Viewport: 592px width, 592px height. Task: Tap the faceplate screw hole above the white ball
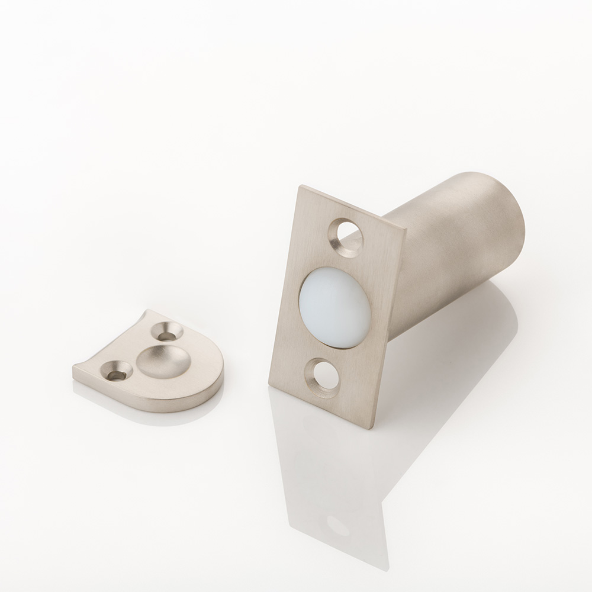[348, 236]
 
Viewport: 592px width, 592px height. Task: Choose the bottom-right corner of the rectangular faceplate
[372, 427]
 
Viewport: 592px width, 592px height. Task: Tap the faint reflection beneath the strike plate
[148, 408]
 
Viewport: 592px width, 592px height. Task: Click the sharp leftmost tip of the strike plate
[73, 372]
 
